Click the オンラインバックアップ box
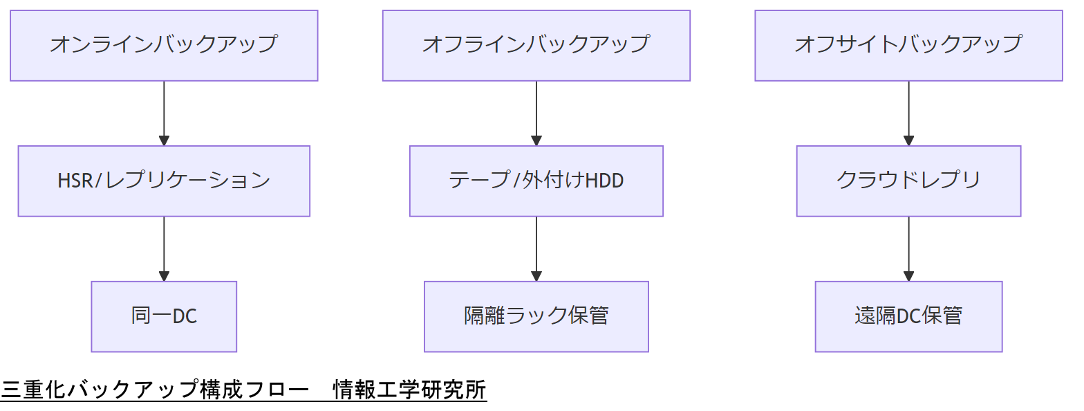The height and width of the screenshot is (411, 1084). coord(164,45)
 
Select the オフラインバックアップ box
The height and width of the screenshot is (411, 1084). coord(536,45)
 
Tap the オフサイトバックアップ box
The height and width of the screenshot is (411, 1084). coord(908,45)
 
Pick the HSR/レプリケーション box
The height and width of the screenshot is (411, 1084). coord(164,181)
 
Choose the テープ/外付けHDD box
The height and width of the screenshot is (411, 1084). coord(536,181)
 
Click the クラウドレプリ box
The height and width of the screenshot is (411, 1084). coord(908,181)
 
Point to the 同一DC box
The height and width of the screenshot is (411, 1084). coord(164,316)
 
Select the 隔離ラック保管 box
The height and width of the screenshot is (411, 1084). coord(536,316)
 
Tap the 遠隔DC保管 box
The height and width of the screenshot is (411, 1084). coord(908,316)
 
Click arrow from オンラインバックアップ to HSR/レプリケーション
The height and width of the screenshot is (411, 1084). coord(164,113)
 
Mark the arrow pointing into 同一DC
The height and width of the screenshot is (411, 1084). coord(164,248)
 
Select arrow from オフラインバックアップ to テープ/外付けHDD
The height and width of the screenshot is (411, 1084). coord(536,113)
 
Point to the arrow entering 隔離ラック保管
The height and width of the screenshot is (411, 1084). coord(536,248)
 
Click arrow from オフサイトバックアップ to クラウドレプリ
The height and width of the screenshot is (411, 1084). coord(908,113)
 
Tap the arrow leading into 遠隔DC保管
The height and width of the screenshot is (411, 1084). coord(908,248)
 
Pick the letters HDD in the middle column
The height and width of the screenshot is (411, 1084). coord(605,181)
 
